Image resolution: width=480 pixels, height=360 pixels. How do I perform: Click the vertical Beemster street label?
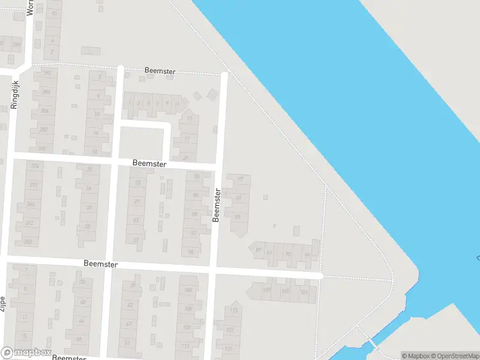pos(217,205)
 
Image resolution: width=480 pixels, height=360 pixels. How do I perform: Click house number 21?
pos(185,158)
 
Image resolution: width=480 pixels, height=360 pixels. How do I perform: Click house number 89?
pos(259,250)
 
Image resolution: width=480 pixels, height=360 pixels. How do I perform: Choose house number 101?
pos(304,293)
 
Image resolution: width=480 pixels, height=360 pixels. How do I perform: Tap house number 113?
pos(234,310)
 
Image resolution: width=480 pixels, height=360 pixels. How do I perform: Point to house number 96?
pos(191,252)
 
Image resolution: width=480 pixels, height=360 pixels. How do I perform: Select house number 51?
pos(127,342)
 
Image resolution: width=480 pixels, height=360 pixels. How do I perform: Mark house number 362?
pos(29,223)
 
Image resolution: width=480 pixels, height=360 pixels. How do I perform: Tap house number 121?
pos(228,349)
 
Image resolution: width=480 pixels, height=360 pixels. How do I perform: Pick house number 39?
pos(132,286)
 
